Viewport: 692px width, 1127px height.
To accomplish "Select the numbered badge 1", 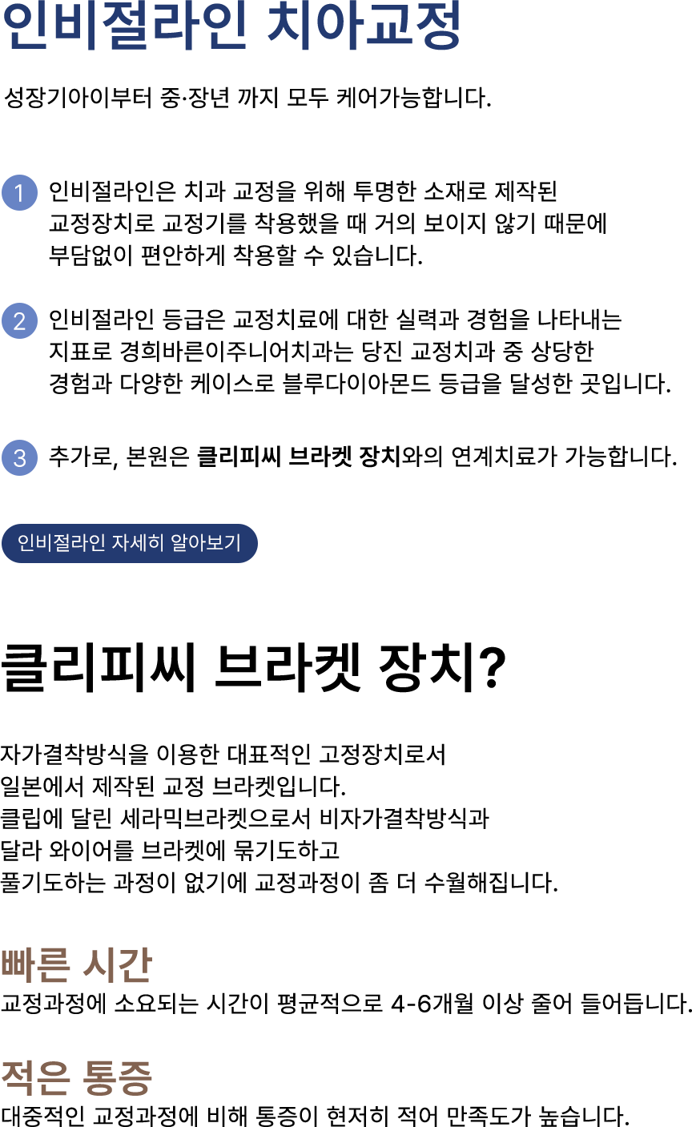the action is pos(19,193).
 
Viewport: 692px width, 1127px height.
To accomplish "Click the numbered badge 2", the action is pos(19,321).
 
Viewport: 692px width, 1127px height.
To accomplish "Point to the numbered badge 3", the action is pos(19,457).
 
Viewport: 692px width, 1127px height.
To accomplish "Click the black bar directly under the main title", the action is pos(247,98).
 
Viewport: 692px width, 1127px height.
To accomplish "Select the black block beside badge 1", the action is pos(325,223).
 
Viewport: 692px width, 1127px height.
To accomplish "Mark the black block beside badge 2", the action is pos(357,352).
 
